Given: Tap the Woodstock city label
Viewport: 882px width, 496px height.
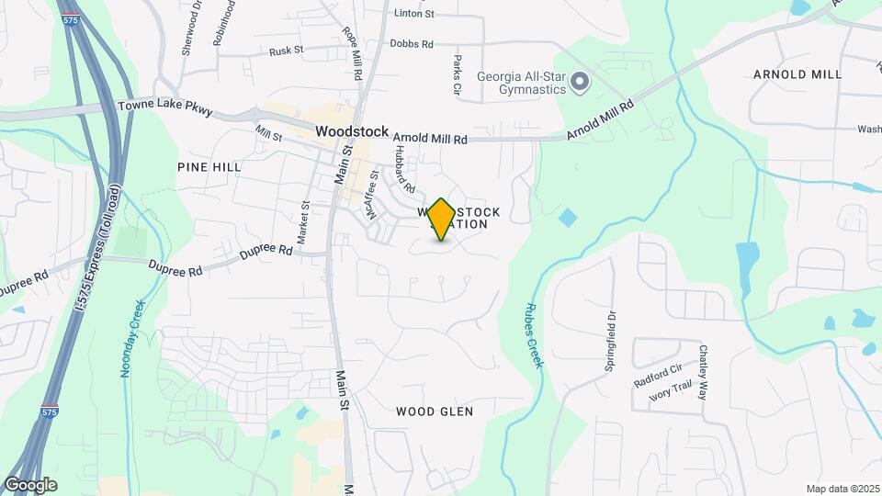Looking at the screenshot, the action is pos(352,131).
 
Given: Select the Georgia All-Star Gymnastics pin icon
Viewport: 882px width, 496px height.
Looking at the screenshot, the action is pos(580,84).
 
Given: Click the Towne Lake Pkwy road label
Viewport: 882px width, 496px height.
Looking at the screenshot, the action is pos(165,109).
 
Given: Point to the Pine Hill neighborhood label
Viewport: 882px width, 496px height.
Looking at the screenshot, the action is pos(209,167).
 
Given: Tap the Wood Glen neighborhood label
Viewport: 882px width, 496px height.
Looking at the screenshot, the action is pos(435,411).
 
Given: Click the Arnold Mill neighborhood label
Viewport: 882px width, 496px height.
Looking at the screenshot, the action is pos(797,73).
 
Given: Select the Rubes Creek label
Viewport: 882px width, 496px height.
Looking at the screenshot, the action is pos(534,335).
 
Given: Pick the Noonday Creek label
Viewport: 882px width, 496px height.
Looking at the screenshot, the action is pos(129,338).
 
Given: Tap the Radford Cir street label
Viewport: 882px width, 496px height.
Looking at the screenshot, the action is pos(658,374).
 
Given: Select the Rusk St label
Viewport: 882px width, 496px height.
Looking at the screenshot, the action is pos(286,51).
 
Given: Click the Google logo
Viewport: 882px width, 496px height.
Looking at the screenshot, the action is pos(30,484).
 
